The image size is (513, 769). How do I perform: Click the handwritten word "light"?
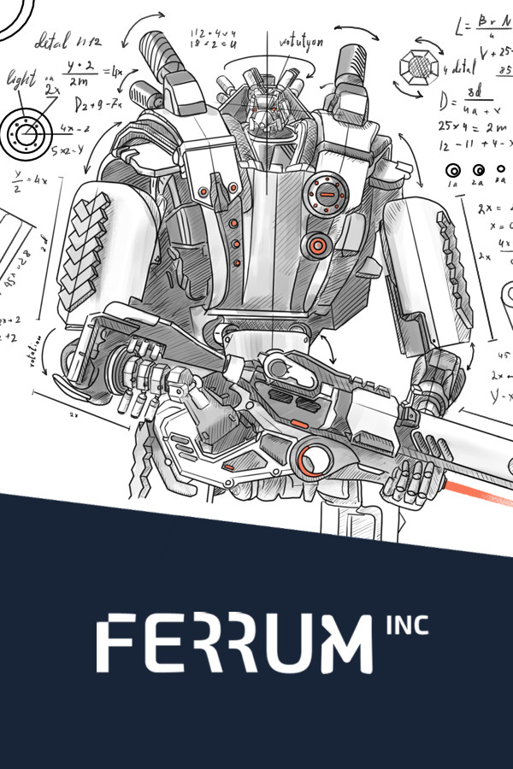[x=21, y=79]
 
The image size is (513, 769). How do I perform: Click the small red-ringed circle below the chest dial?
[x=317, y=246]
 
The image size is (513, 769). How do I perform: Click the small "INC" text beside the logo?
[x=407, y=625]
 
